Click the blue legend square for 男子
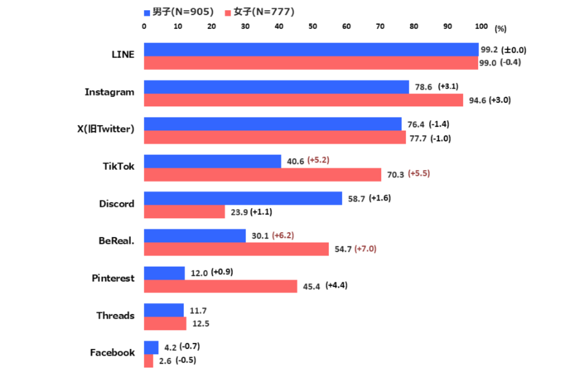click(147, 13)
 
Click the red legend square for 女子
click(228, 13)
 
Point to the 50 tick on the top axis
click(313, 26)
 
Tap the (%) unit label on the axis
click(500, 29)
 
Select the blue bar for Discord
click(243, 198)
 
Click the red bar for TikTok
click(263, 175)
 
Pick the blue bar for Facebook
click(151, 348)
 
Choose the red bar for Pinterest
click(220, 287)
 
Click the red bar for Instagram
click(304, 100)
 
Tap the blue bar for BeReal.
click(195, 236)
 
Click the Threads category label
click(116, 316)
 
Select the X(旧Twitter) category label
click(106, 129)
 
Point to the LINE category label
click(123, 54)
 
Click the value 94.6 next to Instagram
click(477, 100)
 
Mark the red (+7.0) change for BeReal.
click(365, 248)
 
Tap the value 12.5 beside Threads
click(201, 323)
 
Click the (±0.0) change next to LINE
click(513, 50)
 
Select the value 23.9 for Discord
click(239, 212)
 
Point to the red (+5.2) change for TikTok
click(318, 160)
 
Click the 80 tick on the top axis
click(414, 26)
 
